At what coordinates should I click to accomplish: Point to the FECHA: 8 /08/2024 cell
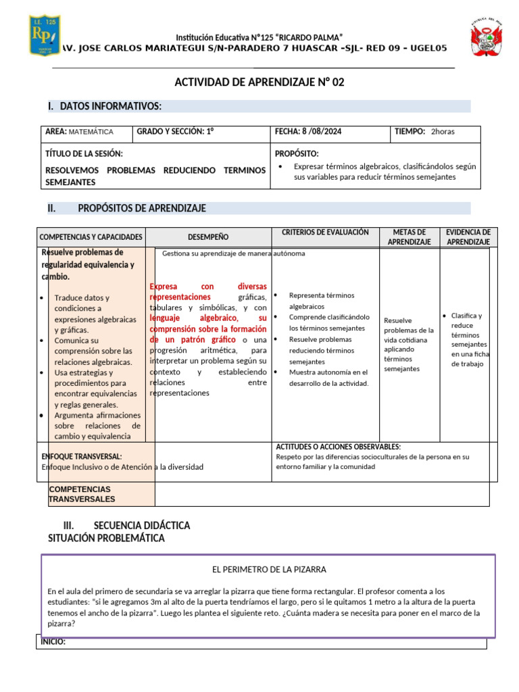[308, 132]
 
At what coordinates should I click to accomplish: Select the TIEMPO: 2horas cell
[424, 132]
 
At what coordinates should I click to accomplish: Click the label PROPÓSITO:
[297, 154]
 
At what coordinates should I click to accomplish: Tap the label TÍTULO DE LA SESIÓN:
[84, 154]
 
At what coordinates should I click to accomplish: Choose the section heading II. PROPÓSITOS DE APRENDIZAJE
[127, 208]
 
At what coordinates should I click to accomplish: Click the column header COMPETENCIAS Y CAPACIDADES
[91, 237]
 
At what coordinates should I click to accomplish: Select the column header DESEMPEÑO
[208, 237]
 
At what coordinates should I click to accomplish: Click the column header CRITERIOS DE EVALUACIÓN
[325, 232]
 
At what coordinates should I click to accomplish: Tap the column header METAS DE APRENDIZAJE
[409, 237]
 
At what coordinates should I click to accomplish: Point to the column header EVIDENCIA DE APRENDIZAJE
[468, 237]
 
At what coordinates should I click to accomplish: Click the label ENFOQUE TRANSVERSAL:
[82, 457]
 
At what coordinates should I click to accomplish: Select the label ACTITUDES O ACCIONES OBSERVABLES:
[338, 447]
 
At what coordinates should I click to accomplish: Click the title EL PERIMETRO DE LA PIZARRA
[269, 570]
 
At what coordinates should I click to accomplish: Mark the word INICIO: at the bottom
[53, 642]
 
